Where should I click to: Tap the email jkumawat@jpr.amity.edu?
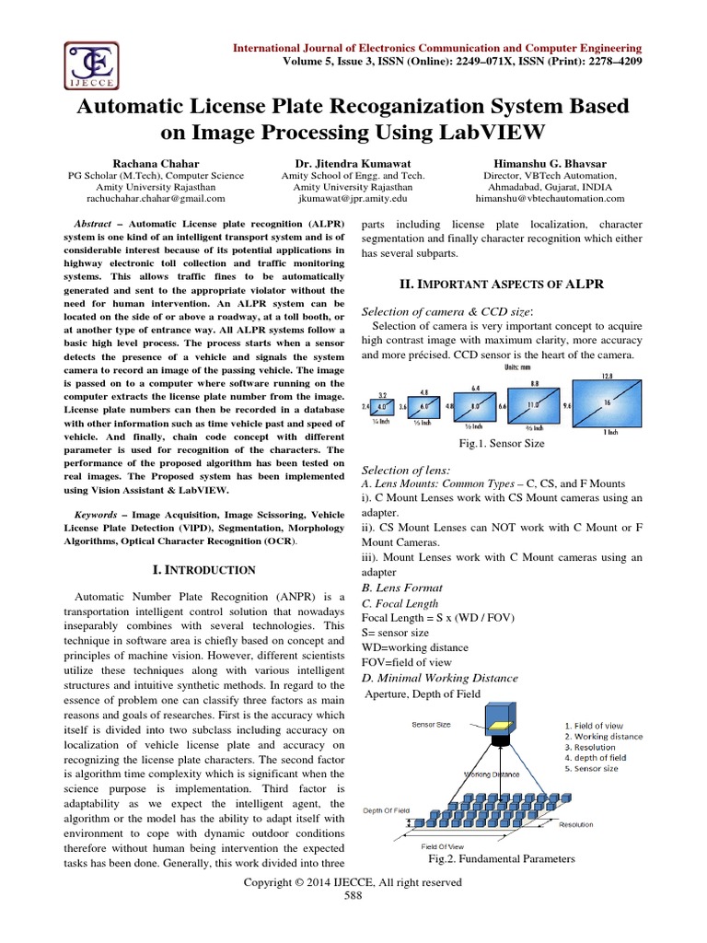[x=353, y=198]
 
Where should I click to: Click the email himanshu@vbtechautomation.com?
[x=550, y=198]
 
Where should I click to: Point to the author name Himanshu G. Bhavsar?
[x=550, y=160]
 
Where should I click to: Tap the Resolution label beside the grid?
[x=575, y=825]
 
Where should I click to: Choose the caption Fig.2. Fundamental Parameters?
[x=502, y=858]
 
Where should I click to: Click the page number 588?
[x=353, y=895]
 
